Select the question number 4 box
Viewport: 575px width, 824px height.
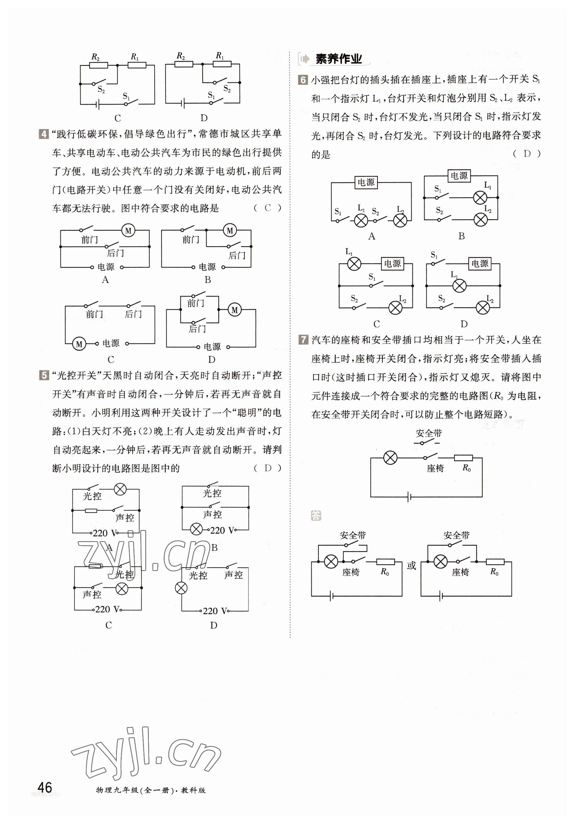(x=43, y=134)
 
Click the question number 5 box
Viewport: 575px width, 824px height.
(x=43, y=376)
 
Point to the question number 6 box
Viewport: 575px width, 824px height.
(x=303, y=80)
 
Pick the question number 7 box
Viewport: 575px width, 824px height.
(x=303, y=340)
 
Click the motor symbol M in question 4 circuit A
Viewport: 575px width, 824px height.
(x=128, y=231)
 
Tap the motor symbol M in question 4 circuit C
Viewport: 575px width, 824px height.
(x=79, y=344)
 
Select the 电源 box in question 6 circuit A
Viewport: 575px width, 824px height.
(x=366, y=182)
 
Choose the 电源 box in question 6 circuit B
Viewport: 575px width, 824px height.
(x=459, y=176)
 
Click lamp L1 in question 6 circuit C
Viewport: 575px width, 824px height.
(x=354, y=264)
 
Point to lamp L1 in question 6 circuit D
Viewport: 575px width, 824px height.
(x=460, y=286)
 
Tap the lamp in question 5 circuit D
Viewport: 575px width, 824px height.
(x=181, y=588)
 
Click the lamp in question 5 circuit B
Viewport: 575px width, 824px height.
(x=196, y=529)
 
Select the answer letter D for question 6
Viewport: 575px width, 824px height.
(x=527, y=154)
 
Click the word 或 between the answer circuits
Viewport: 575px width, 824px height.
(x=411, y=566)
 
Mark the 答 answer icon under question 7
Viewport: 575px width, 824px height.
(x=316, y=516)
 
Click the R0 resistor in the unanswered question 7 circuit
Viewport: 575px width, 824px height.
(x=463, y=458)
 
